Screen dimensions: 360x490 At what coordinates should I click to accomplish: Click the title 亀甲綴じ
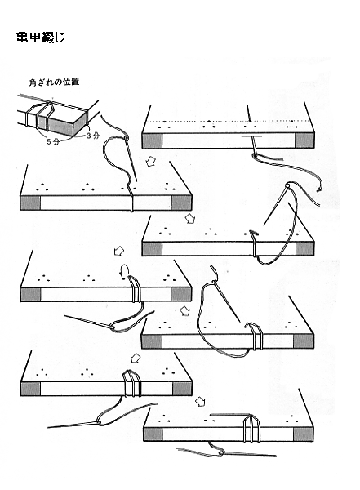(40, 38)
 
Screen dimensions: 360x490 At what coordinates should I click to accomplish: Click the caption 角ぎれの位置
(54, 82)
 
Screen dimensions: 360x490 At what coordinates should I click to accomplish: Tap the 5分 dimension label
(52, 141)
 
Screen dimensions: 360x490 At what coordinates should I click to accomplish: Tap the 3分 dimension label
(93, 136)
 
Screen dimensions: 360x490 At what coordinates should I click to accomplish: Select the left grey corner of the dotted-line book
(153, 140)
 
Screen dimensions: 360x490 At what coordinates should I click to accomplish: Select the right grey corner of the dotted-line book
(304, 140)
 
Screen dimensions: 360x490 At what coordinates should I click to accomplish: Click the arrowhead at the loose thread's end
(319, 189)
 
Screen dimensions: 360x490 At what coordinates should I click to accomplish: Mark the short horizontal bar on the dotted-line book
(251, 136)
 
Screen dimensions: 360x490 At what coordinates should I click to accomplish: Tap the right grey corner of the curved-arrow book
(181, 294)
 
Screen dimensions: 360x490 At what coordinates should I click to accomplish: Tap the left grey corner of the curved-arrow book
(31, 295)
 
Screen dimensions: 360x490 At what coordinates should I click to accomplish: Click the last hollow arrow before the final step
(200, 402)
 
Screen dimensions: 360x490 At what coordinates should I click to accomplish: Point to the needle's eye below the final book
(221, 452)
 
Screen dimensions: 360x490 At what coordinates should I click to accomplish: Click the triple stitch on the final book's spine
(251, 428)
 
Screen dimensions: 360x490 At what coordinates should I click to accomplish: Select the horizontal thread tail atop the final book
(228, 416)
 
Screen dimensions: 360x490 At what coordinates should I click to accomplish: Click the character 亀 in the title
(21, 38)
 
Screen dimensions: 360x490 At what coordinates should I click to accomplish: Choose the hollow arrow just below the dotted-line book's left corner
(152, 161)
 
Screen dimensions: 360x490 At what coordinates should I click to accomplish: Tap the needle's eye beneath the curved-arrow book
(113, 327)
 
